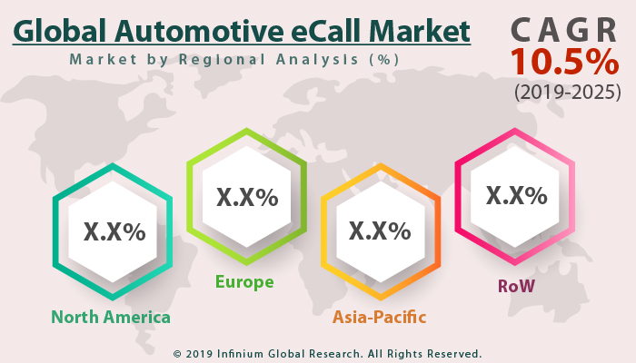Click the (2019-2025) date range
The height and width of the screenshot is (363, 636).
click(567, 92)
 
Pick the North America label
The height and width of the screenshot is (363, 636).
click(111, 317)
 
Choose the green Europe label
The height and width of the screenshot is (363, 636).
click(244, 282)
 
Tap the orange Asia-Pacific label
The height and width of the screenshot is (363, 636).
click(379, 317)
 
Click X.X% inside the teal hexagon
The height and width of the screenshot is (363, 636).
click(114, 231)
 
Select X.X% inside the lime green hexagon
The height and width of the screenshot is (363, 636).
click(246, 196)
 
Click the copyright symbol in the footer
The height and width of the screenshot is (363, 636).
click(177, 353)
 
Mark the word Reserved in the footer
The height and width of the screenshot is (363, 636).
click(450, 353)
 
